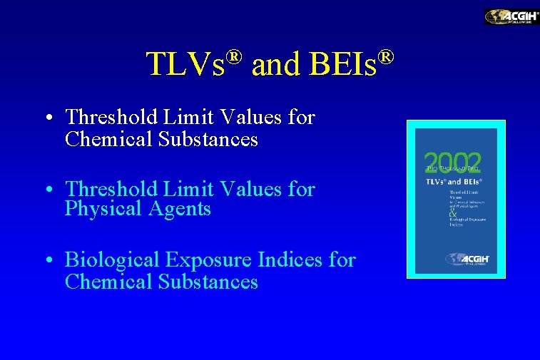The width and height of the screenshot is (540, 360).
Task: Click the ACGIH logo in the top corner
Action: click(x=511, y=16)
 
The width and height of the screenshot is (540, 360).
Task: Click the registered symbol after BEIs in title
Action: click(x=386, y=56)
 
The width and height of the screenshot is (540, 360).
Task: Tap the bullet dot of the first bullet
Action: click(x=47, y=118)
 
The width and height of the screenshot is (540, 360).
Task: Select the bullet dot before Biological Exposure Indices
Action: click(x=47, y=262)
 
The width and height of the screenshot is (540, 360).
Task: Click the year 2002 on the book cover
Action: click(x=454, y=163)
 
